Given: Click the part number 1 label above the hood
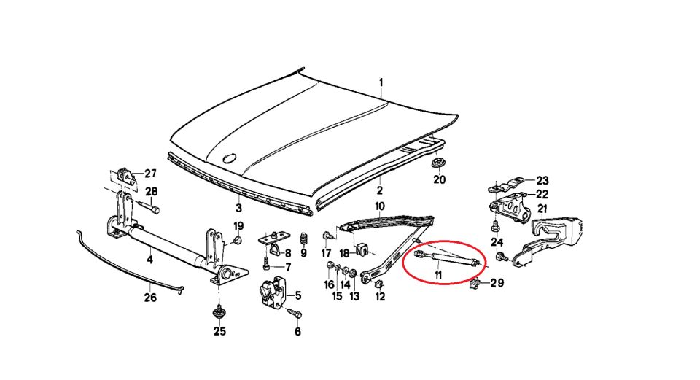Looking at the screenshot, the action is click(x=381, y=82).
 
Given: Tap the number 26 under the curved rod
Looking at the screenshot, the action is click(x=150, y=297).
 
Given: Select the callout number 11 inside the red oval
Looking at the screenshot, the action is click(x=438, y=275).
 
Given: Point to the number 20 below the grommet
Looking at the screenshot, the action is click(x=439, y=179).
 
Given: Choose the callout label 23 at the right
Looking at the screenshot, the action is click(x=542, y=180).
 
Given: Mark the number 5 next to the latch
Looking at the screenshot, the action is click(x=297, y=295).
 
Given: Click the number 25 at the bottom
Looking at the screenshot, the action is click(x=219, y=331).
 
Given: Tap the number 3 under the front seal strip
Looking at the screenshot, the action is click(x=239, y=208).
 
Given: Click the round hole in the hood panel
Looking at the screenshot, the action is click(x=230, y=158).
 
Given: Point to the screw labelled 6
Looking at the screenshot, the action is click(x=294, y=312).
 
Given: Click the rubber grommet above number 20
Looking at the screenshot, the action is click(x=438, y=163).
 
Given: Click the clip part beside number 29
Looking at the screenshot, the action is click(x=475, y=284).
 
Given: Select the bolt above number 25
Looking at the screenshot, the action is click(x=219, y=311).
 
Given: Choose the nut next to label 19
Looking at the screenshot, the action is click(x=238, y=241).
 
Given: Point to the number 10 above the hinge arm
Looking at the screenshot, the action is click(x=379, y=206).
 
